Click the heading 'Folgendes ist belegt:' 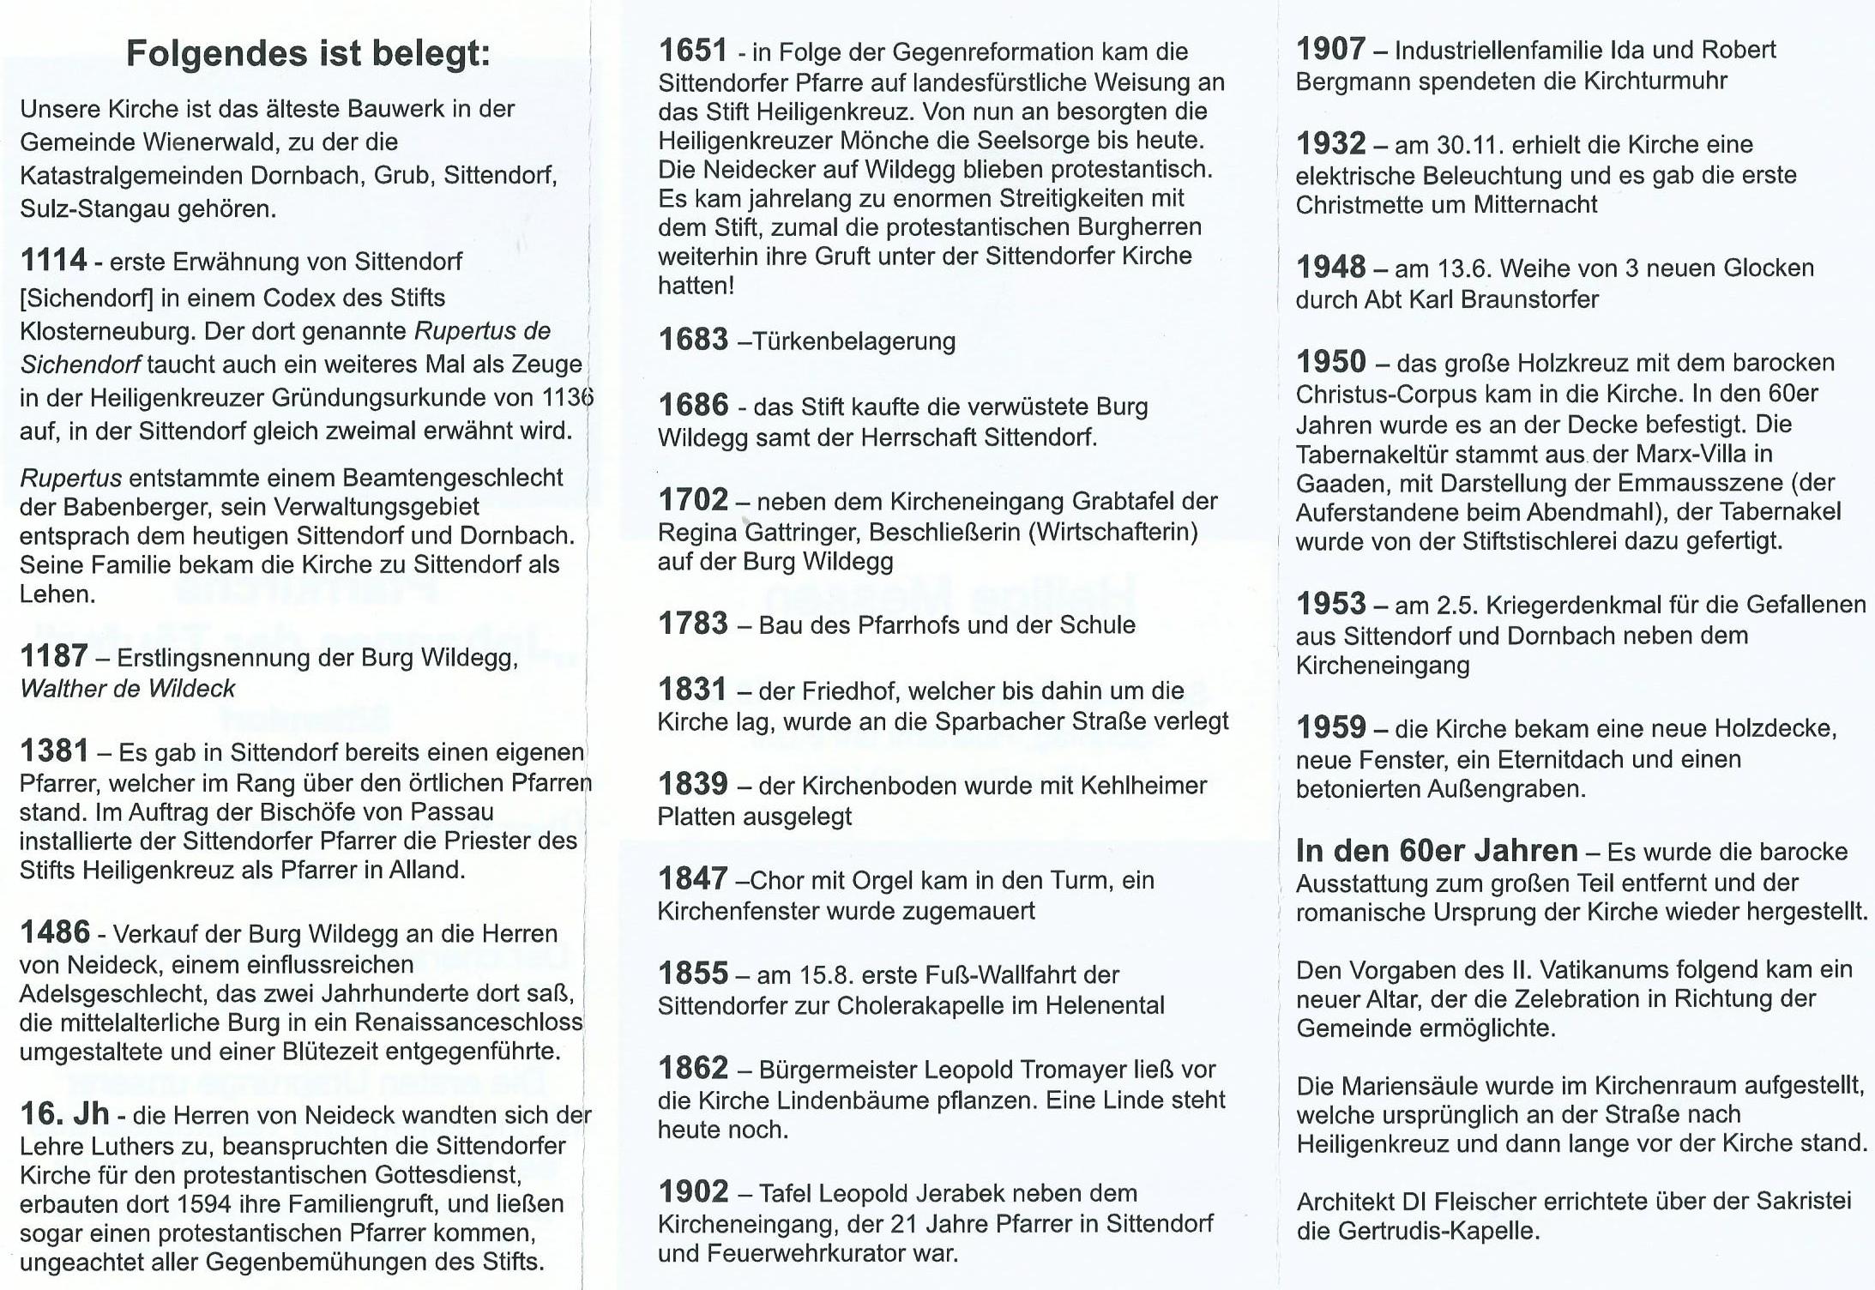[x=308, y=53]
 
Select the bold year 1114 [x=53, y=260]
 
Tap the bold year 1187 [x=53, y=657]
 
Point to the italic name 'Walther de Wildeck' [x=127, y=689]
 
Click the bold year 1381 [x=53, y=751]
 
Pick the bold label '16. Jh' [x=64, y=1114]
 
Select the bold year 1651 [x=692, y=51]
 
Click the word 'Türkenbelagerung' [x=854, y=341]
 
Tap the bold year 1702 [x=692, y=500]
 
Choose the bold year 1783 [x=692, y=624]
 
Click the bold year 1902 [x=692, y=1192]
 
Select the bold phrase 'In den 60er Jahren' [x=1437, y=851]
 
